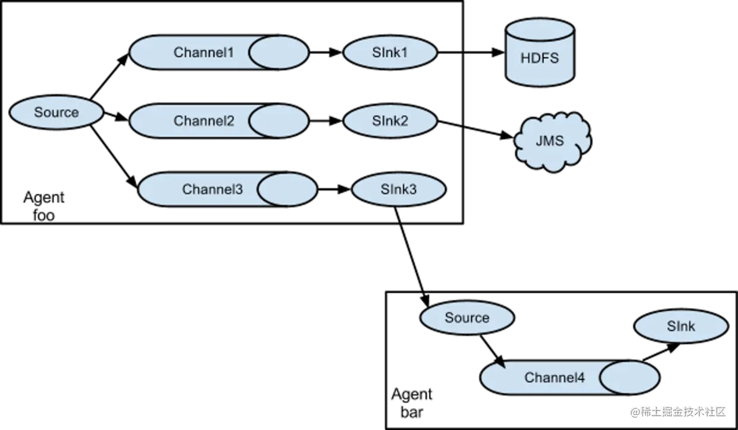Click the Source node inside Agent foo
click(57, 112)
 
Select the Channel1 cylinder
click(219, 52)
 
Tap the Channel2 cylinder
click(219, 121)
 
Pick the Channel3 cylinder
click(228, 189)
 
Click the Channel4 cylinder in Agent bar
click(570, 377)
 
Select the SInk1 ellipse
click(390, 52)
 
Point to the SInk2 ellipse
click(390, 121)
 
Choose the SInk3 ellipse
click(399, 189)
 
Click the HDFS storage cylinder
click(540, 52)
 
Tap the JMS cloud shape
click(552, 142)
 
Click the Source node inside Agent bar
click(467, 318)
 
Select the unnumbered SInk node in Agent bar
click(681, 327)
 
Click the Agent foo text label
click(44, 206)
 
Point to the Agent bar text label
click(412, 403)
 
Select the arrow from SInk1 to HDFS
click(471, 52)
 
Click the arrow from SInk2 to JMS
click(476, 130)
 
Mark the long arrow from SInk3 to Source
click(412, 256)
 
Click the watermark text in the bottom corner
click(678, 412)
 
